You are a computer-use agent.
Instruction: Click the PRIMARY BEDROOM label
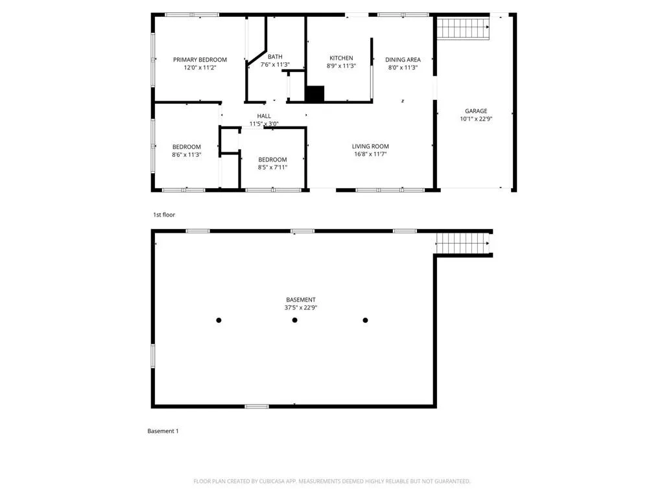pyautogui.click(x=200, y=60)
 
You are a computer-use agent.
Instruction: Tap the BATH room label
pyautogui.click(x=275, y=57)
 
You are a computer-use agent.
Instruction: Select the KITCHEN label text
pyautogui.click(x=341, y=58)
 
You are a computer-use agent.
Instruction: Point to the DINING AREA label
pyautogui.click(x=403, y=60)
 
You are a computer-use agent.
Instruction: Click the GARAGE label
pyautogui.click(x=476, y=111)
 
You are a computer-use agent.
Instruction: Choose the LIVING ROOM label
pyautogui.click(x=370, y=147)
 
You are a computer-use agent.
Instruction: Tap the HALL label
pyautogui.click(x=264, y=116)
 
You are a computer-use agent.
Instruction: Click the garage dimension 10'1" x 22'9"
pyautogui.click(x=476, y=119)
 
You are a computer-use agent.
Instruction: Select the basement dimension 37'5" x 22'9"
pyautogui.click(x=301, y=308)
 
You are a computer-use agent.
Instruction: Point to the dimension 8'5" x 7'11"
pyautogui.click(x=273, y=167)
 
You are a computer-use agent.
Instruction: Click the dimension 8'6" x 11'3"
pyautogui.click(x=186, y=155)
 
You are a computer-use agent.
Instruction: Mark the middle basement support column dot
pyautogui.click(x=295, y=320)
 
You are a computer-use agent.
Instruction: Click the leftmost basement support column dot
pyautogui.click(x=219, y=320)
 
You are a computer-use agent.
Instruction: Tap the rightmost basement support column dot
pyautogui.click(x=366, y=320)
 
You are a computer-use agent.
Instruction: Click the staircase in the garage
pyautogui.click(x=463, y=27)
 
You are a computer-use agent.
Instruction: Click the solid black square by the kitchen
pyautogui.click(x=314, y=93)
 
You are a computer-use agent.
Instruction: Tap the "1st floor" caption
pyautogui.click(x=164, y=215)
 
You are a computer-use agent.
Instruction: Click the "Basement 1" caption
pyautogui.click(x=163, y=431)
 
